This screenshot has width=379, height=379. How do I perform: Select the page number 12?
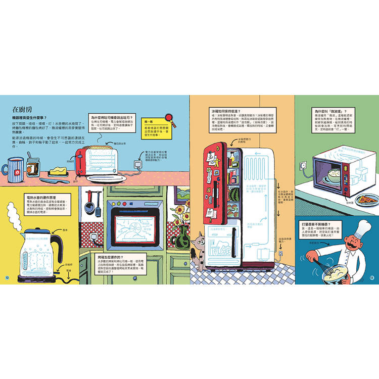7,276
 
